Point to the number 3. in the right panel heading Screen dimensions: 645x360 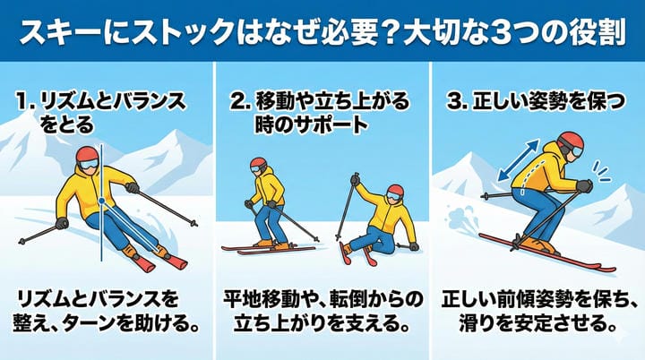click(457, 101)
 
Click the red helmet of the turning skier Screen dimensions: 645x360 click(87, 155)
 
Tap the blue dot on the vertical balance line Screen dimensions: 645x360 click(101, 201)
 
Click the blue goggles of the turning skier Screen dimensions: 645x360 click(90, 165)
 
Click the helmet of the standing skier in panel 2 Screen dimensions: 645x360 click(258, 163)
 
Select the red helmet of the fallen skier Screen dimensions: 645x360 click(395, 191)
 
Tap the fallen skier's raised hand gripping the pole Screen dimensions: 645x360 click(355, 180)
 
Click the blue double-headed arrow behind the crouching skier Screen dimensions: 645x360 click(518, 159)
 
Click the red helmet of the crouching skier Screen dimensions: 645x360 click(572, 141)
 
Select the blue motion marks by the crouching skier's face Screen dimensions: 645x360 click(600, 172)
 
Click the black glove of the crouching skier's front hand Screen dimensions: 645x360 click(584, 186)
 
